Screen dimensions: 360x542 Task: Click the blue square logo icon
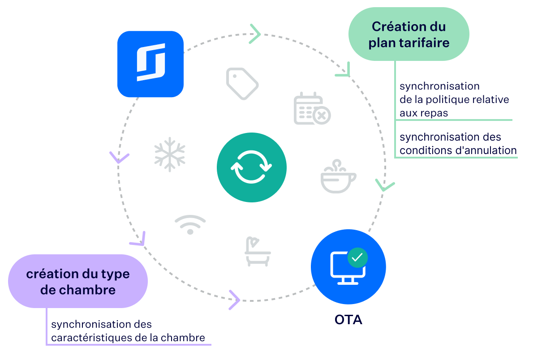coord(151,64)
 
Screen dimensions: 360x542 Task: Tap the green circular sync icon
coord(252,167)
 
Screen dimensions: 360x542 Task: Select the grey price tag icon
coord(242,83)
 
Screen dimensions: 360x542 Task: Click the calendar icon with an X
coord(312,109)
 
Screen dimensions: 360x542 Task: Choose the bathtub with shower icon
coord(258,252)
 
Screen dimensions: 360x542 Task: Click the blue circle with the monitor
coord(348,267)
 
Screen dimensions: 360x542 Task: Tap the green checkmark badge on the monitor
coord(357,257)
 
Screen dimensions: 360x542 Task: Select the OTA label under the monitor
coord(348,320)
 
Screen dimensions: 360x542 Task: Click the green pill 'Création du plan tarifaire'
coord(409,34)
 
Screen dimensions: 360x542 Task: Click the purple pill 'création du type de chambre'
coord(78,282)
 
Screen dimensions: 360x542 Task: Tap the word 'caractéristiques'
coord(91,338)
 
